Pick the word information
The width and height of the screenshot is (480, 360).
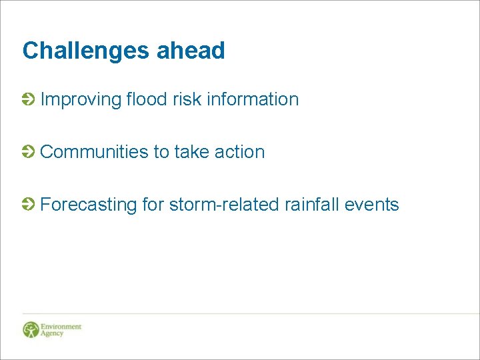point(253,99)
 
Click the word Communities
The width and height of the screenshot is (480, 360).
point(95,152)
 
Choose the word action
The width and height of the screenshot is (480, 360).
point(240,152)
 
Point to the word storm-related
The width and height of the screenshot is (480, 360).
point(224,204)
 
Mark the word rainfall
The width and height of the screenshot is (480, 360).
point(312,204)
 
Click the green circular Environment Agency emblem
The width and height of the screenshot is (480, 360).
point(31,329)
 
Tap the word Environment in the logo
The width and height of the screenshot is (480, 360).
point(61,327)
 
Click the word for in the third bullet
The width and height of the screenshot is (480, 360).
point(153,204)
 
